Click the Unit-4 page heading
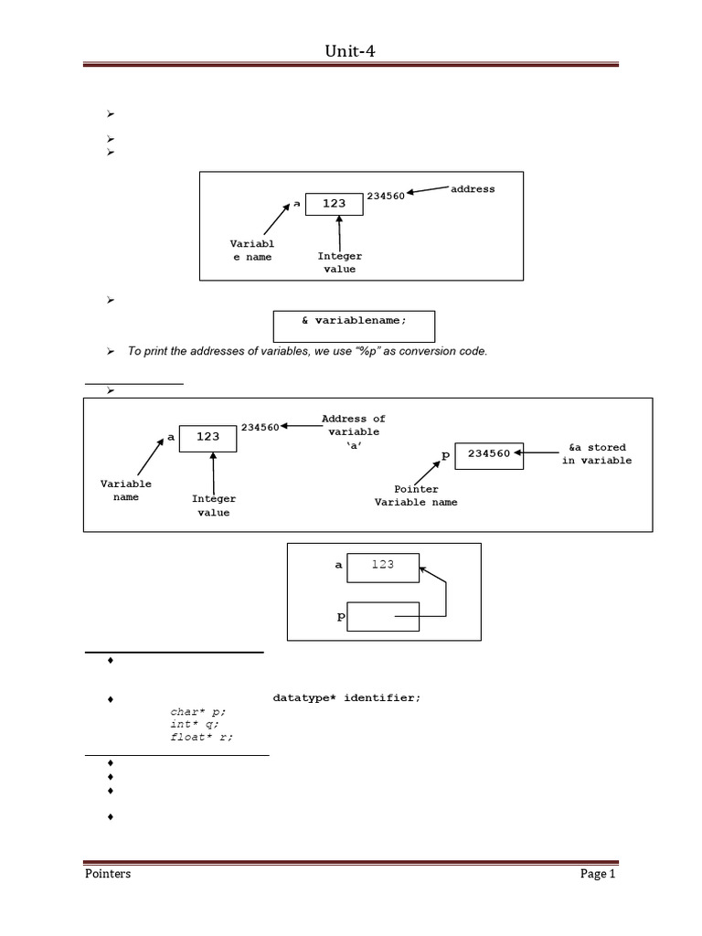[350, 52]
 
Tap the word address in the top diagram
[473, 188]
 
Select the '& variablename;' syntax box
[354, 322]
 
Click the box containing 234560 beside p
[489, 454]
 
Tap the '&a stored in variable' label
[598, 453]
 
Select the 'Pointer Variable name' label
[416, 495]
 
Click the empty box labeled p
[382, 616]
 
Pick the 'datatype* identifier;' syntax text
[347, 697]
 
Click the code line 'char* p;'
[197, 710]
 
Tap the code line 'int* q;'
[195, 724]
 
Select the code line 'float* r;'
[201, 738]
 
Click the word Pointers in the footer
[103, 874]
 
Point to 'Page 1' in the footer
[599, 874]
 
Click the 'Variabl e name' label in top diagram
[251, 250]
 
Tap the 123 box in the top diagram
[334, 204]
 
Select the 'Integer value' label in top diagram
[339, 262]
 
